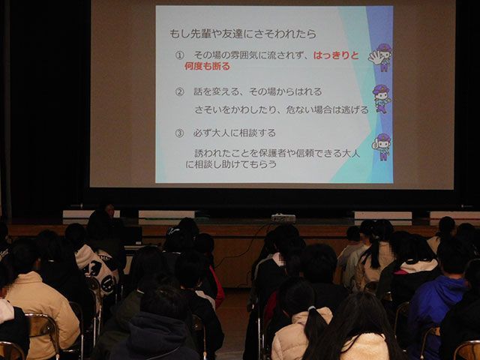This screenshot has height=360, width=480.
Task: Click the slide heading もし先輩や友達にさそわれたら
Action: tap(243, 34)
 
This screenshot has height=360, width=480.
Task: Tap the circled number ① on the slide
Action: tap(179, 55)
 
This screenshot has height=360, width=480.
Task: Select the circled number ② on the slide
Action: tap(180, 91)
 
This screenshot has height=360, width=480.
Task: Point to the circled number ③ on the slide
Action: tap(179, 133)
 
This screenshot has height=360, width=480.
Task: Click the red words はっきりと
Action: tap(336, 55)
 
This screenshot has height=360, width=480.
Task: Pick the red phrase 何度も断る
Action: tap(207, 66)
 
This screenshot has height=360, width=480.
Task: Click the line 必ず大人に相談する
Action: tap(234, 133)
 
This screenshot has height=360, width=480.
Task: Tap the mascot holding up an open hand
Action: tap(380, 57)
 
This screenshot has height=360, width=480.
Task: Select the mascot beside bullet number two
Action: tap(382, 98)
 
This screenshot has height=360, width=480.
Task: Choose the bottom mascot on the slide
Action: tap(382, 146)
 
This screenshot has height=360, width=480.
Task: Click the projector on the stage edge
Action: tap(283, 218)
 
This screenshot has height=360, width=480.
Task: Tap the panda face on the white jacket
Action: tap(94, 267)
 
